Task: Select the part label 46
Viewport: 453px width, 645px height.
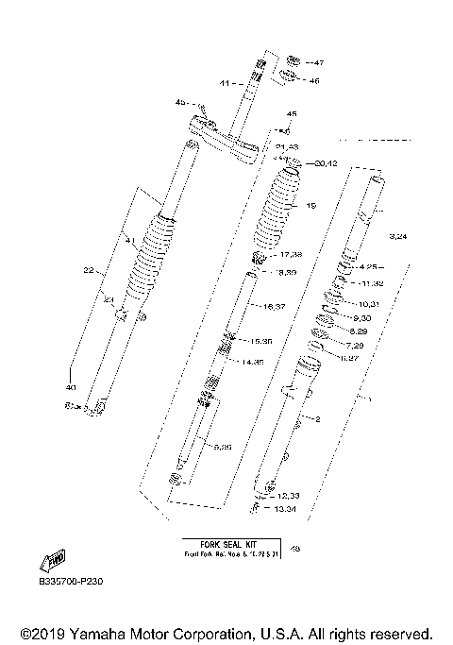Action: (314, 81)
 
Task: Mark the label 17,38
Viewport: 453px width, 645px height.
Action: (290, 255)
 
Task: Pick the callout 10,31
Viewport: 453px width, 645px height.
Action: (368, 304)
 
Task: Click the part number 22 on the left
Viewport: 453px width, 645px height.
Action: (88, 270)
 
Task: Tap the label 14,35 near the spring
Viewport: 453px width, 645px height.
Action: (251, 362)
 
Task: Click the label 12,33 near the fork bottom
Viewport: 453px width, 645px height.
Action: (288, 496)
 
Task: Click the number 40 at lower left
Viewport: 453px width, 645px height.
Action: (69, 387)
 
